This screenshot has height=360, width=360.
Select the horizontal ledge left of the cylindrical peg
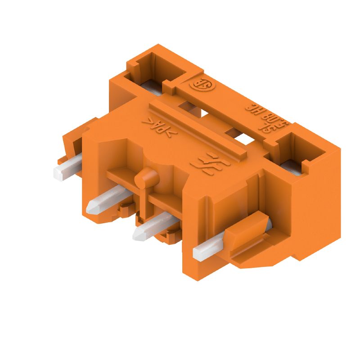tap(121, 175)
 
